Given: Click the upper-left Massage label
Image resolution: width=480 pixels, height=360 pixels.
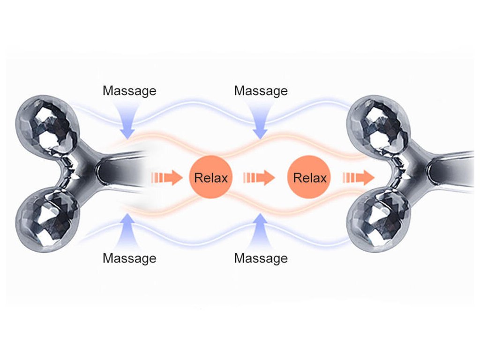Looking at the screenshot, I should pyautogui.click(x=129, y=90).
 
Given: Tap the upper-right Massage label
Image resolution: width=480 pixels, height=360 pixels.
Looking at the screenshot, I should pyautogui.click(x=261, y=90).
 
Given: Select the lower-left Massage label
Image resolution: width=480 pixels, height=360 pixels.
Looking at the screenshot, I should pyautogui.click(x=129, y=258).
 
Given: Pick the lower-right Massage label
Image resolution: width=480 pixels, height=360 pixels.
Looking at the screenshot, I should pyautogui.click(x=261, y=258).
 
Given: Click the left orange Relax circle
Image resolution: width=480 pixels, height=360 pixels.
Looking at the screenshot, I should pyautogui.click(x=211, y=178).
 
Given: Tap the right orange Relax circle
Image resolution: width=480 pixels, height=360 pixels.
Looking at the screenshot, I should pyautogui.click(x=309, y=178).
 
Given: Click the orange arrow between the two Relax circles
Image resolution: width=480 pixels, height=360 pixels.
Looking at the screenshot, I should pyautogui.click(x=259, y=178).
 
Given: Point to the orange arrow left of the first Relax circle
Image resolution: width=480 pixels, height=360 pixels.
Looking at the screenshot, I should pyautogui.click(x=166, y=178).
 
